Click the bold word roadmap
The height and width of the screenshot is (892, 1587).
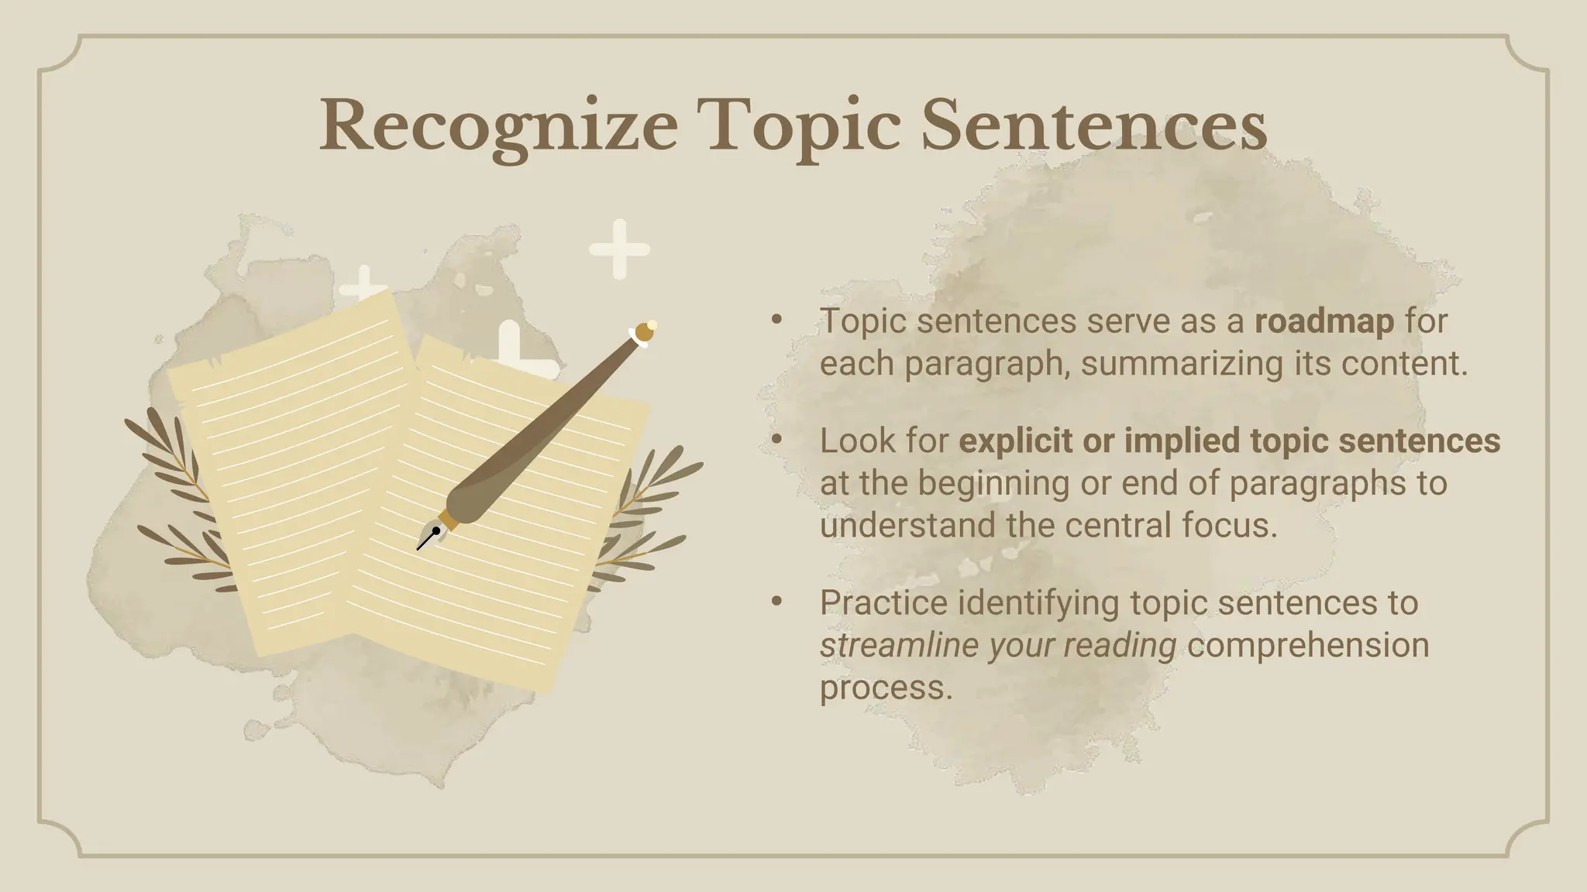(1324, 321)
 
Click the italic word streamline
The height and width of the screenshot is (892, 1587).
(898, 645)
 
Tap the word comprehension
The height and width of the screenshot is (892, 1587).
(1308, 645)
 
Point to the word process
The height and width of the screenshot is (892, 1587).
(885, 687)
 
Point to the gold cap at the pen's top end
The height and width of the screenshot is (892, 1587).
(645, 332)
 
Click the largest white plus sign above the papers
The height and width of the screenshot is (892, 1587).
(619, 249)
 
